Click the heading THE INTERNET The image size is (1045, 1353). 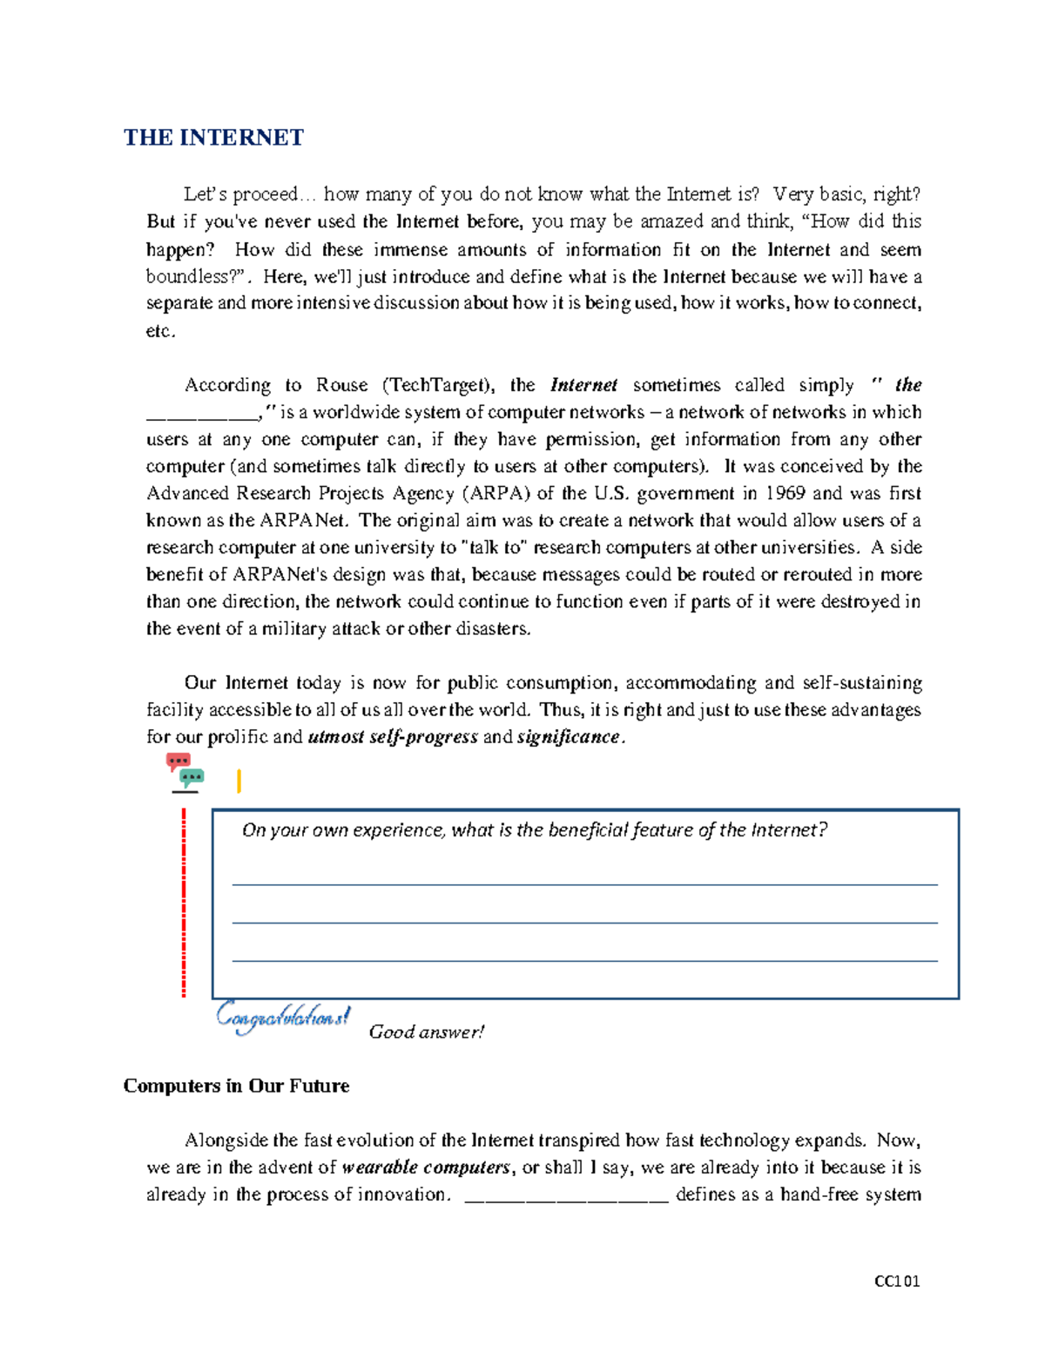(213, 138)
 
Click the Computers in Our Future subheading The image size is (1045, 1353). (236, 1086)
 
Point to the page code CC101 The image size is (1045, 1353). (897, 1281)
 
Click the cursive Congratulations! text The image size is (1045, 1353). (283, 1017)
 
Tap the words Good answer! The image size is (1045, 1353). (426, 1032)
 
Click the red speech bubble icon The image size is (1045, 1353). (179, 761)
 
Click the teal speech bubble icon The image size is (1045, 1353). (192, 776)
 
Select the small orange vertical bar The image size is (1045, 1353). (239, 781)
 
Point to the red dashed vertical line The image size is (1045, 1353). (184, 902)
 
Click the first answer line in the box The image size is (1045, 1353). (584, 884)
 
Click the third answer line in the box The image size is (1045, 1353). (584, 960)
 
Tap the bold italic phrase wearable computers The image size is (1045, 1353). (426, 1167)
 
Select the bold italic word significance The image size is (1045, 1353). (568, 737)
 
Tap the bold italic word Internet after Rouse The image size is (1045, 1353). (583, 385)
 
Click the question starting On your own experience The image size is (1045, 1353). (534, 830)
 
